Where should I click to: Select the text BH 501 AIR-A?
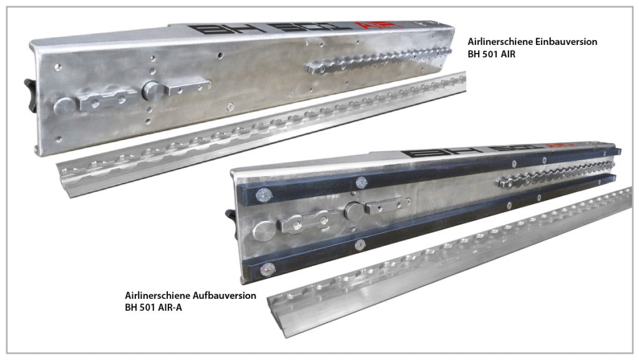(154, 308)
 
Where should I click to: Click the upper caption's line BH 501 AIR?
(492, 54)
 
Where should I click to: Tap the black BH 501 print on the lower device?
(473, 151)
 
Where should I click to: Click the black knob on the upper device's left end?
(31, 95)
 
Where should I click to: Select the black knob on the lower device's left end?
(231, 225)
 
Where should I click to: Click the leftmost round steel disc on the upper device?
(64, 106)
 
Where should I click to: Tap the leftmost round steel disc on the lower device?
(264, 231)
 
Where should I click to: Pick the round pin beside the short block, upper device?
(152, 91)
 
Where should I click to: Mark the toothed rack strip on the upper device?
(379, 61)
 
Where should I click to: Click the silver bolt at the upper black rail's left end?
(264, 195)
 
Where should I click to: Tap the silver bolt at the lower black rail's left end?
(267, 269)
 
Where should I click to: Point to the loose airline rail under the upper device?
(261, 134)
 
